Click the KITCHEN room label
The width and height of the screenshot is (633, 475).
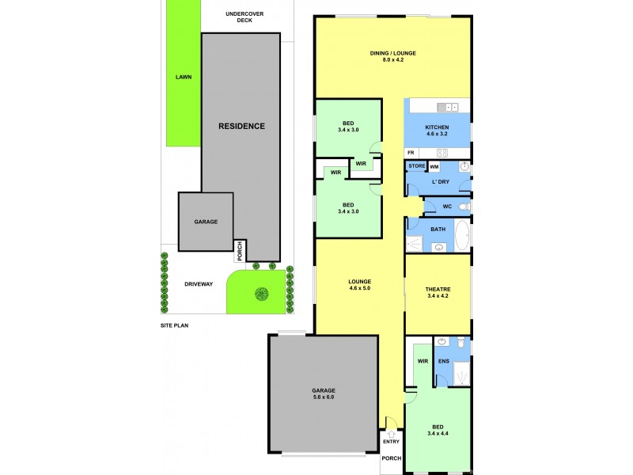(437, 127)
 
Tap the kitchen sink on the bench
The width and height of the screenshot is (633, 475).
(448, 107)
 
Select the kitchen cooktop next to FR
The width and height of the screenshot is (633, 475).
(442, 153)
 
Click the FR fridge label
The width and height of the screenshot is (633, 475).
(411, 153)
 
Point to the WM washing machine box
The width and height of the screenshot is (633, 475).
(434, 167)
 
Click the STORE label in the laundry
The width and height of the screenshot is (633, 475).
(416, 166)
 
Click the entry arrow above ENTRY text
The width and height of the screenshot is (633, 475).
(390, 435)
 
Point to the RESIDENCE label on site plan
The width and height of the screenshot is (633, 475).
(241, 126)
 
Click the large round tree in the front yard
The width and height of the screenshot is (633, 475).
(260, 294)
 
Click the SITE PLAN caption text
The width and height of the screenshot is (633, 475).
(174, 325)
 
